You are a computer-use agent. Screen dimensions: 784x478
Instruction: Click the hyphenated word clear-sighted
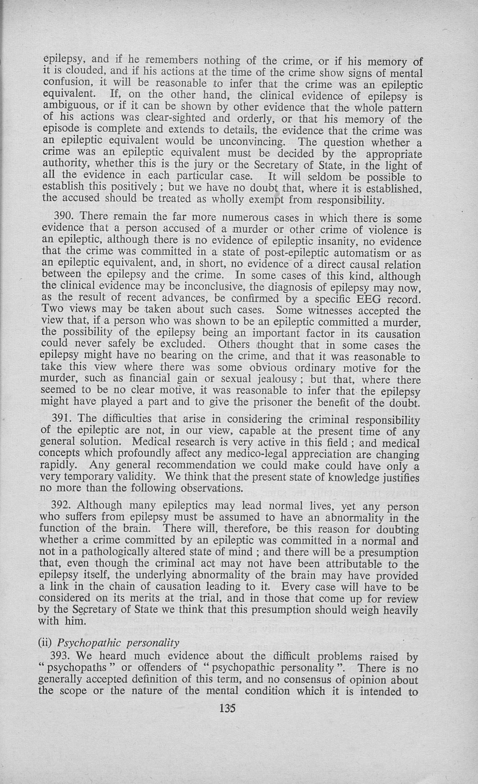[x=175, y=118]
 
